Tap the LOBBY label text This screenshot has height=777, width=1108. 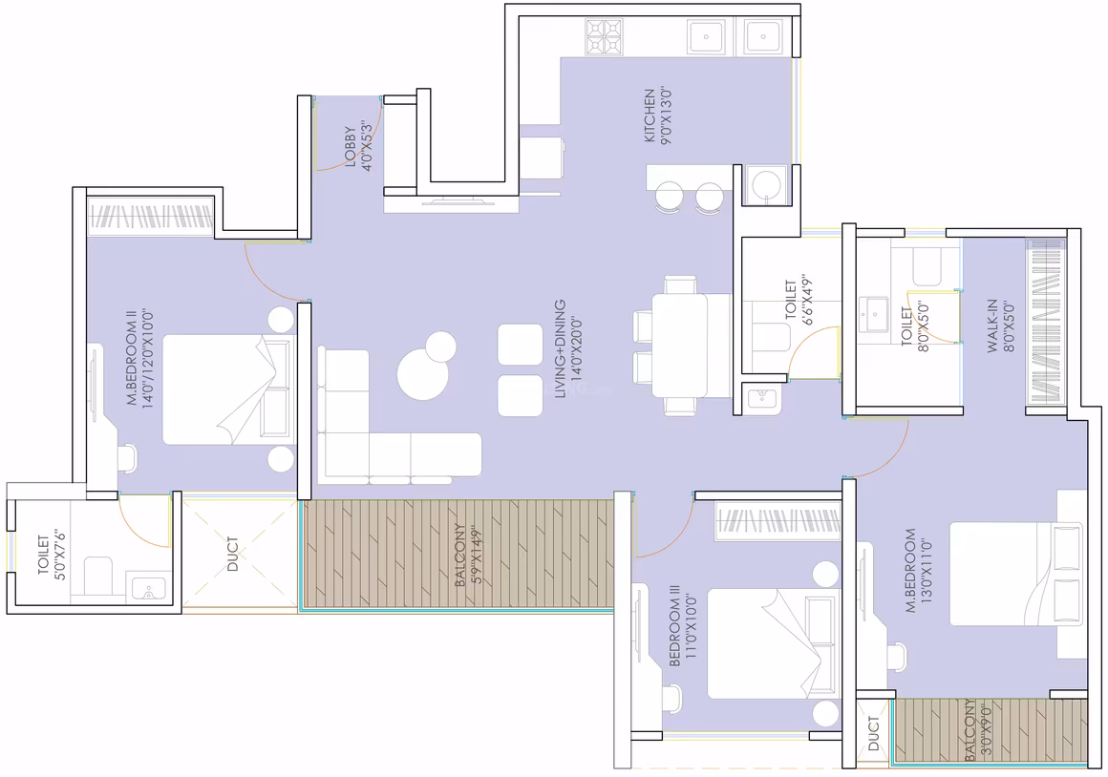[x=351, y=146]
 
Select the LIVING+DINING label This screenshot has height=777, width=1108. [x=561, y=348]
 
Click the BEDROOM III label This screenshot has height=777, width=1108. [x=675, y=624]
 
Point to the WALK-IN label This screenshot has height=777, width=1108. [x=993, y=325]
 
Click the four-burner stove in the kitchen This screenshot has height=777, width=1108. [x=605, y=37]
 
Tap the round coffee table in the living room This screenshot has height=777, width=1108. [x=422, y=373]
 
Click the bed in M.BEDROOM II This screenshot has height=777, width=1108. [x=227, y=389]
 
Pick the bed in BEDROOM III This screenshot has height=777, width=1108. [x=773, y=643]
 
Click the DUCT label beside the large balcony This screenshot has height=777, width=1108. [x=233, y=554]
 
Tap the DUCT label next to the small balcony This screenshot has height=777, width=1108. [x=874, y=733]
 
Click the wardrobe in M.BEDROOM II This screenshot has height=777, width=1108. [x=151, y=216]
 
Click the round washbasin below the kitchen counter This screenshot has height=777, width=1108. [x=765, y=185]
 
